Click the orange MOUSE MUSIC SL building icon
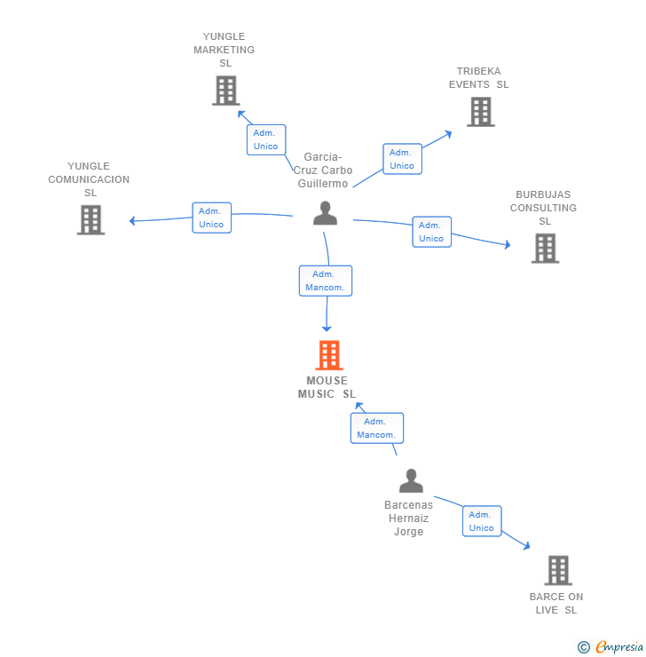pyautogui.click(x=329, y=355)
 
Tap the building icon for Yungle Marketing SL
pyautogui.click(x=226, y=90)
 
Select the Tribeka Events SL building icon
pyautogui.click(x=481, y=112)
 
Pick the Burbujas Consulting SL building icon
pyautogui.click(x=545, y=248)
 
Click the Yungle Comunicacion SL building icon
pyautogui.click(x=91, y=219)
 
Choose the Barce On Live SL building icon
pyautogui.click(x=558, y=570)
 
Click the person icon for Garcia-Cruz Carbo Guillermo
pyautogui.click(x=325, y=213)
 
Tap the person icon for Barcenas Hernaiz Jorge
pyautogui.click(x=411, y=480)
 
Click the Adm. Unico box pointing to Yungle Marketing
pyautogui.click(x=266, y=139)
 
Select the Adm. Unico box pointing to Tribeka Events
pyautogui.click(x=402, y=159)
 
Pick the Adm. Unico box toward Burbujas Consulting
pyautogui.click(x=431, y=232)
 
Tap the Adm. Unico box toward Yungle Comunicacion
pyautogui.click(x=212, y=218)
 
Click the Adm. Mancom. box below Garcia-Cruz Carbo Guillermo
pyautogui.click(x=326, y=281)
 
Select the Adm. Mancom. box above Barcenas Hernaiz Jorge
pyautogui.click(x=377, y=428)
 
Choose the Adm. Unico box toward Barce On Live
pyautogui.click(x=482, y=521)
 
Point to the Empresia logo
pyautogui.click(x=611, y=647)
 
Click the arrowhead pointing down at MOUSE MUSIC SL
pyautogui.click(x=327, y=328)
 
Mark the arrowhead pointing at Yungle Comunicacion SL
pyautogui.click(x=132, y=221)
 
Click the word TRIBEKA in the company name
pyautogui.click(x=478, y=71)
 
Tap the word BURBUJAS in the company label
pyautogui.click(x=543, y=194)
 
